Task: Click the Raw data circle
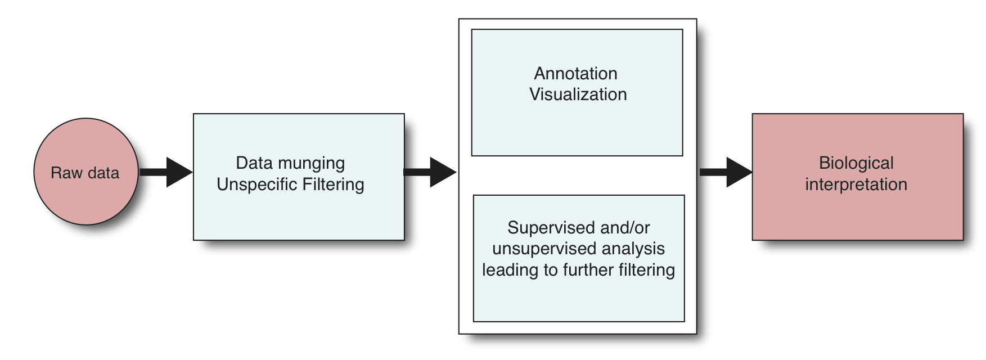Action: click(x=86, y=172)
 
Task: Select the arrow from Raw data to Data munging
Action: click(x=166, y=172)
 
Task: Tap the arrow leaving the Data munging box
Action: click(x=430, y=172)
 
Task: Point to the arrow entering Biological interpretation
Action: click(x=726, y=172)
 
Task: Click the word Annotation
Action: click(x=576, y=73)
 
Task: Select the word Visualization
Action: click(x=578, y=94)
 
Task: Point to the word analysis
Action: click(x=629, y=249)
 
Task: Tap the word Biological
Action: click(x=856, y=163)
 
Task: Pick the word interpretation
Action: click(x=856, y=184)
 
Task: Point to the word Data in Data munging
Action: click(x=254, y=163)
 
